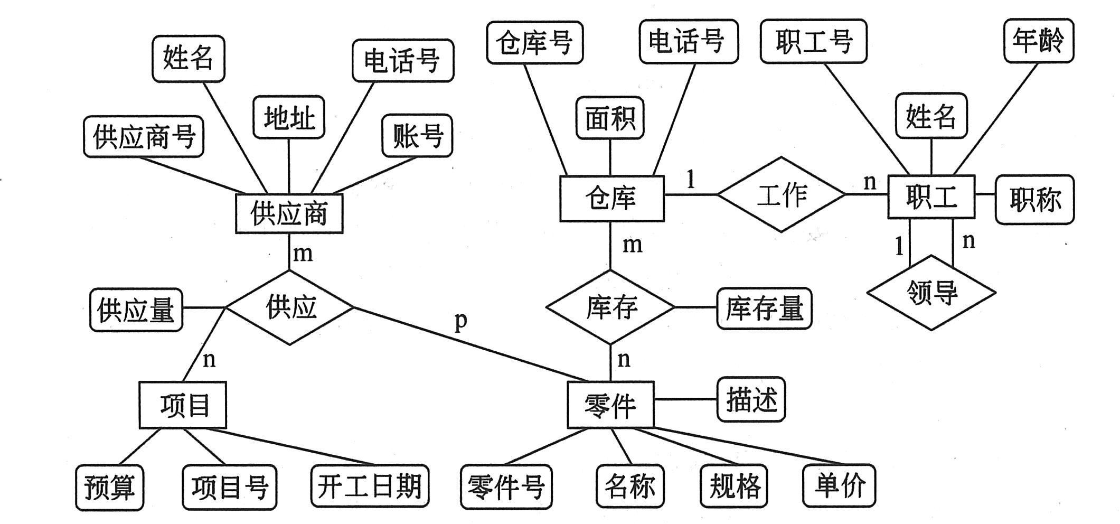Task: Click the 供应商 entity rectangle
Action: tap(289, 213)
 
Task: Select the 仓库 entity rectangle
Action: tap(611, 198)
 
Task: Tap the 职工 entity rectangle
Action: tap(931, 197)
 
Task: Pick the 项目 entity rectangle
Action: tap(183, 405)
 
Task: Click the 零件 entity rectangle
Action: tap(610, 405)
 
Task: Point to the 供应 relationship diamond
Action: tap(290, 307)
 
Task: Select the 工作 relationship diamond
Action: tap(782, 194)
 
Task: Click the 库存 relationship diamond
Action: tap(611, 307)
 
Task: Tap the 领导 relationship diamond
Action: tap(931, 292)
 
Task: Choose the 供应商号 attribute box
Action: tap(144, 137)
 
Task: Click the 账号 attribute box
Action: tap(417, 136)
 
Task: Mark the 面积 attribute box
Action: tap(610, 118)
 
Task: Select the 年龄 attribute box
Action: tap(1038, 41)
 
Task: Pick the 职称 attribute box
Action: tap(1034, 200)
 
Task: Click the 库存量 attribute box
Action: tap(764, 308)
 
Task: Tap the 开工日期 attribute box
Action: tap(370, 486)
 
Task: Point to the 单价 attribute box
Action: tap(839, 485)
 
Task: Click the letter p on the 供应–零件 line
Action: tap(461, 321)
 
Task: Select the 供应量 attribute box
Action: tap(136, 310)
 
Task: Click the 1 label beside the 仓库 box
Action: tap(691, 180)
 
